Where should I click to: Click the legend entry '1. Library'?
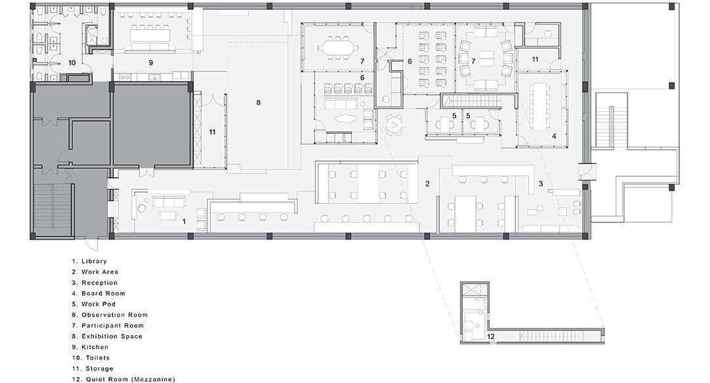(x=89, y=261)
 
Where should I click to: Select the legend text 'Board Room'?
(x=103, y=294)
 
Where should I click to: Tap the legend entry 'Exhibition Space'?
(x=112, y=336)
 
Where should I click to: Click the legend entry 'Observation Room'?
(x=114, y=315)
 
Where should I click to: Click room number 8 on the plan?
(x=258, y=102)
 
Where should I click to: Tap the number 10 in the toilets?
(x=72, y=63)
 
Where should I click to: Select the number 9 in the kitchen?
(x=151, y=63)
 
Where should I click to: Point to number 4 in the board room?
(x=554, y=136)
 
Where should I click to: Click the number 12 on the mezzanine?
(x=491, y=337)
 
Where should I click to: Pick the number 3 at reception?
(x=540, y=184)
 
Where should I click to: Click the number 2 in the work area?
(x=427, y=184)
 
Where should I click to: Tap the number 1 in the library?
(x=184, y=222)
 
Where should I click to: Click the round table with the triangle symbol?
(x=394, y=124)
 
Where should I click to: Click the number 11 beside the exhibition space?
(x=212, y=132)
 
